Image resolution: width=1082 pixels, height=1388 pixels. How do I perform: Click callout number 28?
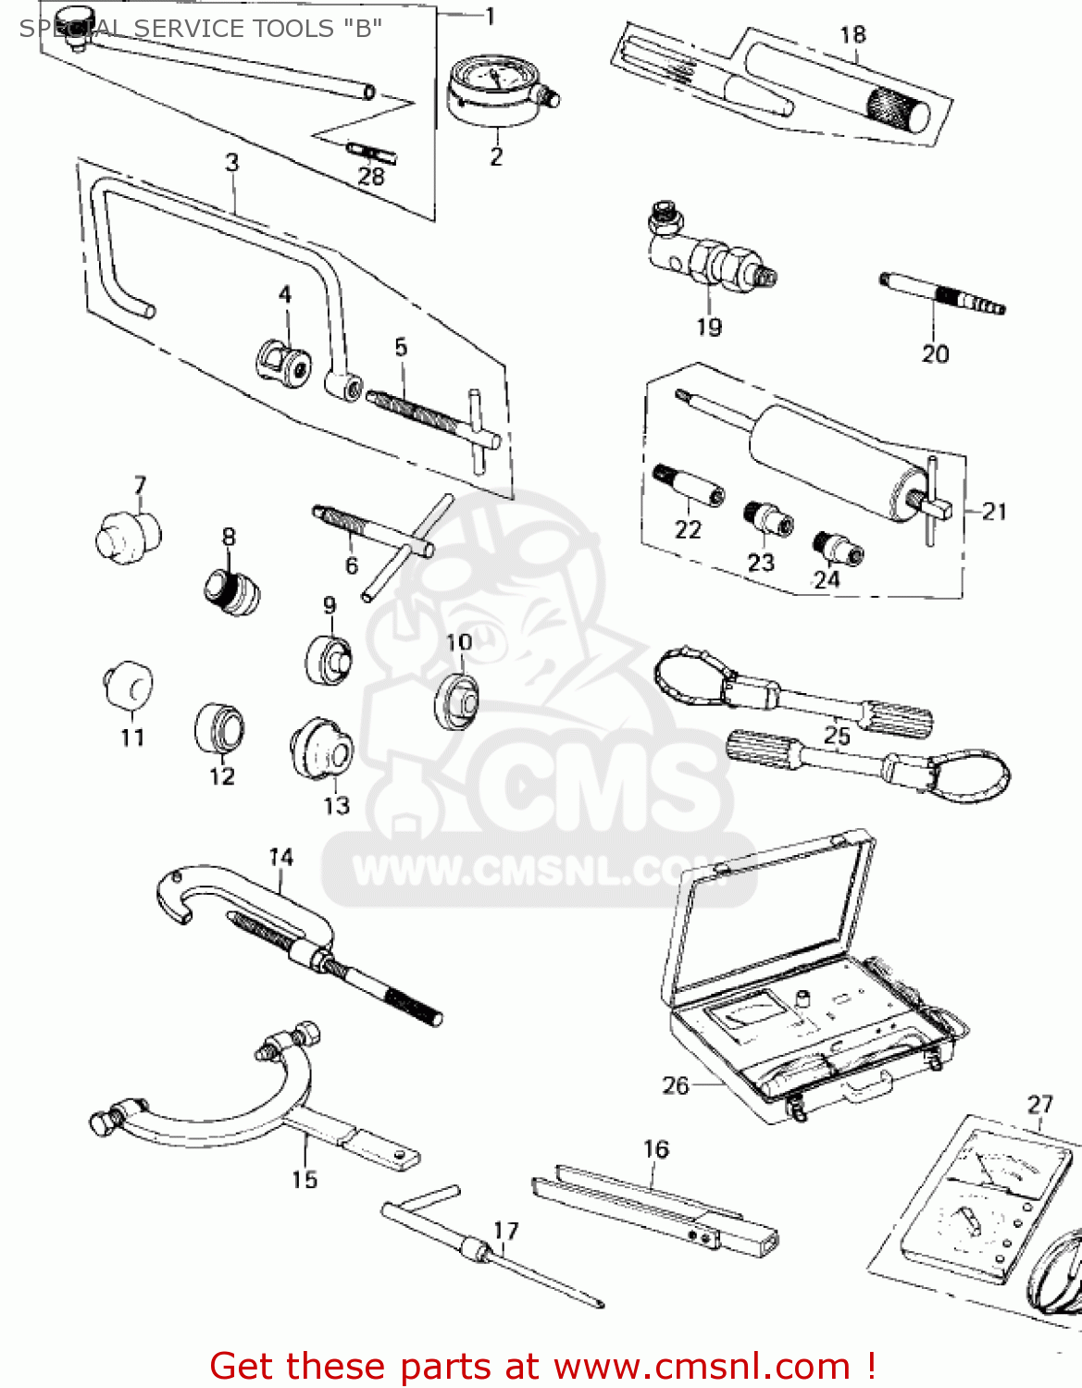pyautogui.click(x=371, y=176)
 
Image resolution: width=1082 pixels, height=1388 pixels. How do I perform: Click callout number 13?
pyautogui.click(x=337, y=805)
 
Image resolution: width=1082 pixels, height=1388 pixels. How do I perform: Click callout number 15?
pyautogui.click(x=305, y=1179)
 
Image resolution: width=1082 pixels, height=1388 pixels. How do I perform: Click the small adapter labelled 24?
pyautogui.click(x=838, y=548)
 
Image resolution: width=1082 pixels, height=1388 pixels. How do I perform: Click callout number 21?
pyautogui.click(x=994, y=511)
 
